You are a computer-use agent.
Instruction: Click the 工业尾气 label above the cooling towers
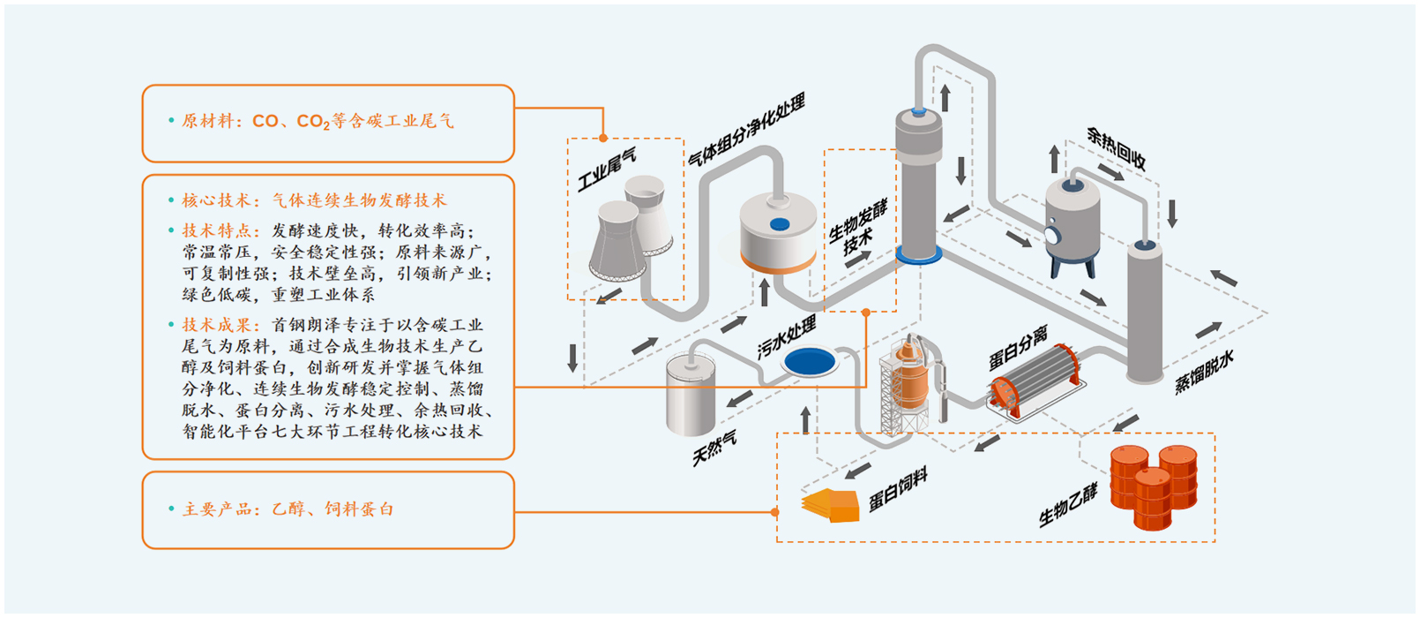click(x=606, y=170)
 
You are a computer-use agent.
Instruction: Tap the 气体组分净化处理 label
click(x=746, y=131)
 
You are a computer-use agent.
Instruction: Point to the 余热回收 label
click(x=1116, y=148)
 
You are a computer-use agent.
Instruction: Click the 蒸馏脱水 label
click(x=1204, y=372)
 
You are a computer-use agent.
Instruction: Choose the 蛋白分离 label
click(x=1018, y=348)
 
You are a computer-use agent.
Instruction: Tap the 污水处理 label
click(x=787, y=339)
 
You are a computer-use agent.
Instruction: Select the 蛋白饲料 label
click(x=898, y=490)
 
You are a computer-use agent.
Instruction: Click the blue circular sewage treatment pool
click(x=810, y=360)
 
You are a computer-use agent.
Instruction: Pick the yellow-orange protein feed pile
click(x=831, y=505)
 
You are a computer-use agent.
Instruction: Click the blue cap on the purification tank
click(x=780, y=224)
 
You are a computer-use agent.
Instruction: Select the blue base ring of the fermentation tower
click(x=919, y=255)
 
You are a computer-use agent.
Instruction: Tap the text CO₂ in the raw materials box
click(x=313, y=122)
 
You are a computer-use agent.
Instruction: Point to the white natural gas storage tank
click(x=691, y=396)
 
